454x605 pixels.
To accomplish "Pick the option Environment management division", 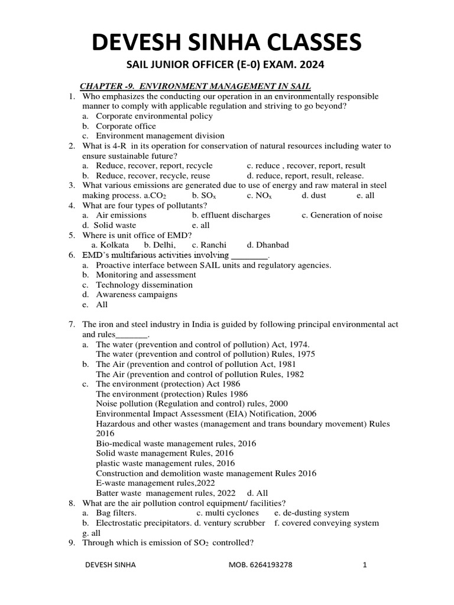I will pyautogui.click(x=160, y=135).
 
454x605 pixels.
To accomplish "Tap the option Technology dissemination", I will pyautogui.click(x=144, y=285).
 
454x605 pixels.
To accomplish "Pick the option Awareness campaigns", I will pyautogui.click(x=137, y=295).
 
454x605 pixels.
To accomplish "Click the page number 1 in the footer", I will pyautogui.click(x=365, y=565).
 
